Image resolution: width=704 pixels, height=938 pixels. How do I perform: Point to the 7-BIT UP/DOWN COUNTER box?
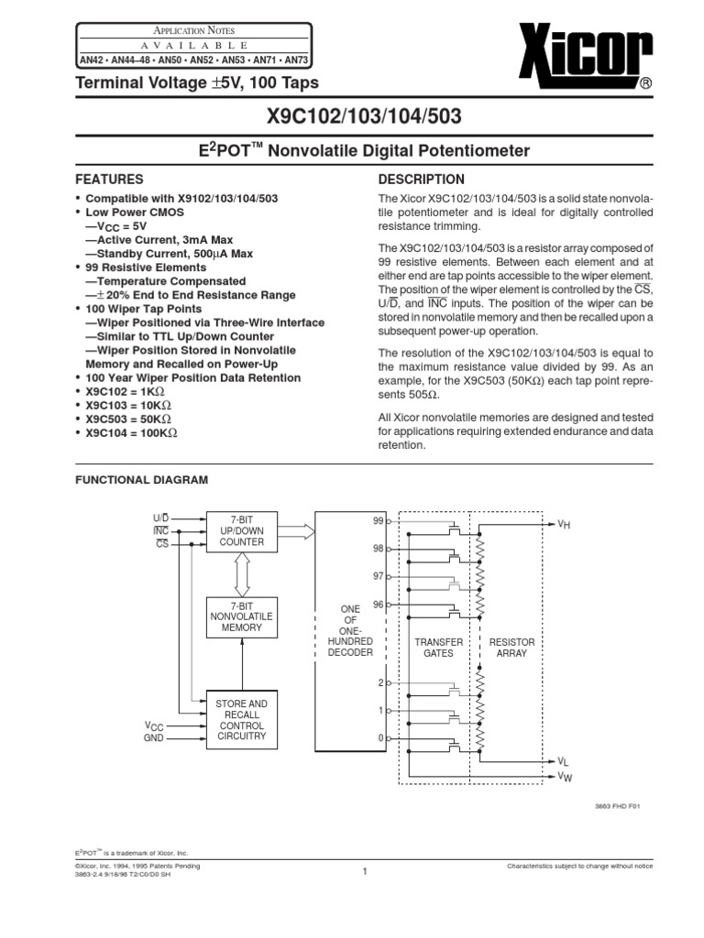tap(241, 531)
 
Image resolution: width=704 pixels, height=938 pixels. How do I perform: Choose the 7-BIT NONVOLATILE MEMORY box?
tap(241, 617)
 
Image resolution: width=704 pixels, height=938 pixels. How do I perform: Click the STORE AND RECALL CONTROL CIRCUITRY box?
tap(241, 719)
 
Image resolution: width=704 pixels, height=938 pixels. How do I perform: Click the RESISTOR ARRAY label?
tap(511, 648)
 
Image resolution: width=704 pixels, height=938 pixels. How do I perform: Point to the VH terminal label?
tap(565, 524)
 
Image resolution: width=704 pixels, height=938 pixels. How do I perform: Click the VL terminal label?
tap(565, 761)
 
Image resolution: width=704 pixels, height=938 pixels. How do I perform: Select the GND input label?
tap(153, 737)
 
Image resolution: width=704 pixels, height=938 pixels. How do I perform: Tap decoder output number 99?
tap(378, 520)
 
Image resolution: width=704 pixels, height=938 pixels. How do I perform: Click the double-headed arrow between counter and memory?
tap(241, 574)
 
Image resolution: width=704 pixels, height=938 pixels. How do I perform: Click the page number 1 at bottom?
tap(364, 871)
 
